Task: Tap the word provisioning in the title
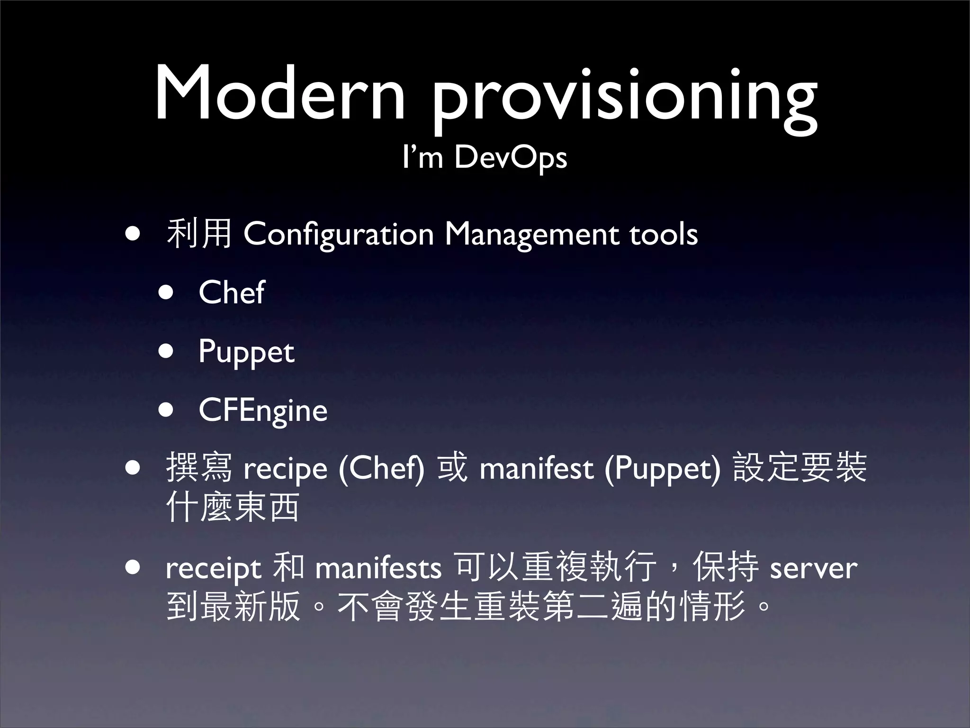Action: (x=623, y=97)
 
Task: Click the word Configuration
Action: (x=339, y=234)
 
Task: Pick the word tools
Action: (x=663, y=234)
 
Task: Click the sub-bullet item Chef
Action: (x=231, y=292)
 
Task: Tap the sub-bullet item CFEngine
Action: (x=263, y=410)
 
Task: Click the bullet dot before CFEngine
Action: (x=166, y=409)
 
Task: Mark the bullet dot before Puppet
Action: (x=166, y=351)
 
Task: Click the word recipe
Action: (x=285, y=469)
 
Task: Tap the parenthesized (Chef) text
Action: (x=381, y=469)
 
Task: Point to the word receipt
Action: (x=213, y=568)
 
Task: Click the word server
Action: (x=813, y=568)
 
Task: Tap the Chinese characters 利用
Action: (x=199, y=234)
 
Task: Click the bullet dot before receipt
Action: (x=133, y=567)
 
